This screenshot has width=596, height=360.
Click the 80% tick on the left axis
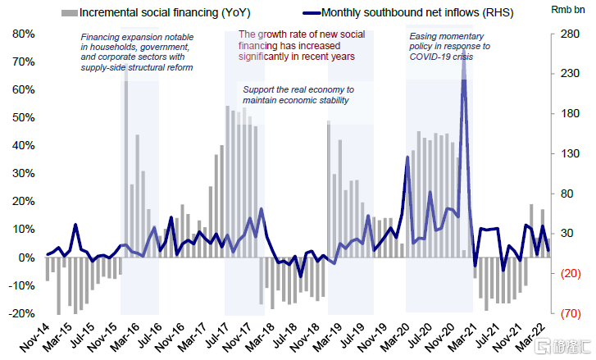coord(20,34)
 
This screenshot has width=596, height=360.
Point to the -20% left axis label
coord(19,313)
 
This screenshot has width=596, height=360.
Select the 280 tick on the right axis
coord(570,34)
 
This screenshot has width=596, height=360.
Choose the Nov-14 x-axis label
coord(34,338)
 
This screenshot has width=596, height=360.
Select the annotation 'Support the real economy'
coord(298,94)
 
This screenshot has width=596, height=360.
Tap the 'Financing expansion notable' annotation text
coord(137,52)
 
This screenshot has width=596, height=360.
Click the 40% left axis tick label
coord(20,145)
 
